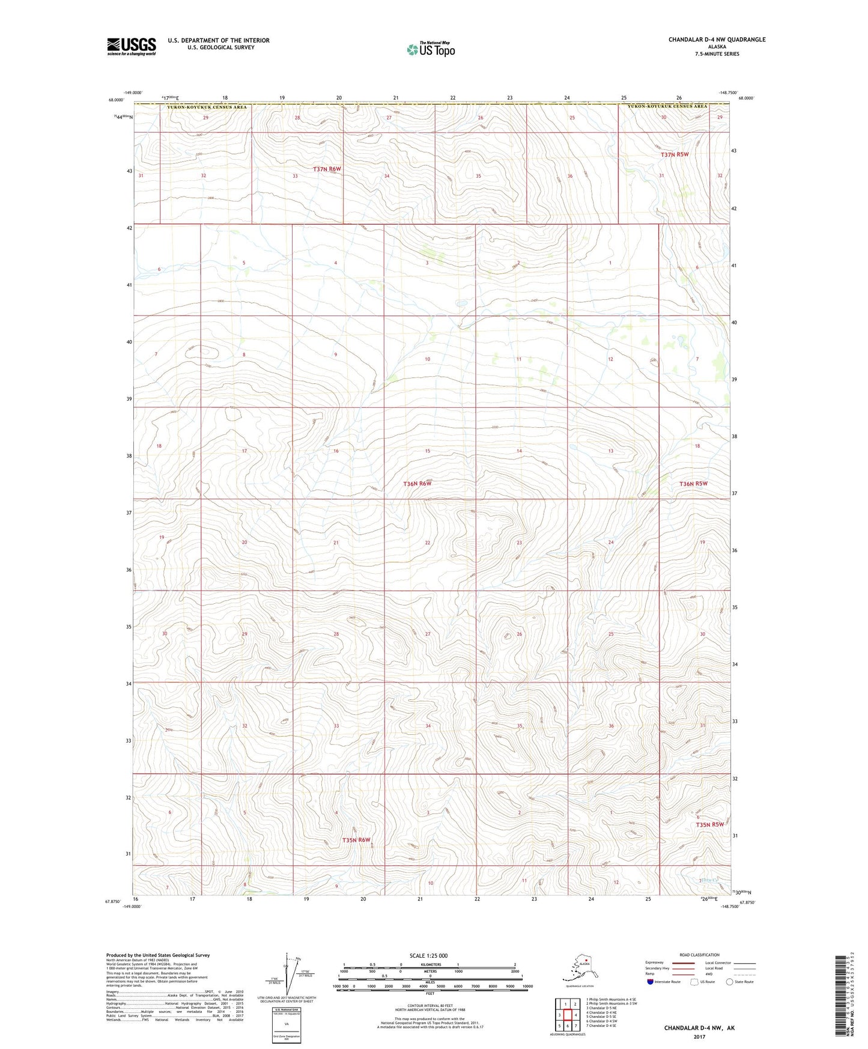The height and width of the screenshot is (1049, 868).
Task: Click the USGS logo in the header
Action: (132, 46)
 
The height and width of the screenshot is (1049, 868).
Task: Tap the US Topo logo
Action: (430, 49)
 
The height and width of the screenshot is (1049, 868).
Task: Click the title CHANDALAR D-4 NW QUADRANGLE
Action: (717, 40)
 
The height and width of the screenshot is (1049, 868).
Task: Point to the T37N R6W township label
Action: (327, 169)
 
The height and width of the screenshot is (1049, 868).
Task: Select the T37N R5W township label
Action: (675, 154)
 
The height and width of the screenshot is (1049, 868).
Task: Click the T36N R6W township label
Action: (417, 484)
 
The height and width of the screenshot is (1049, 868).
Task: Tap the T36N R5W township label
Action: (693, 484)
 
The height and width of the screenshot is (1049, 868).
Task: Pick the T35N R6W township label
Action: (356, 840)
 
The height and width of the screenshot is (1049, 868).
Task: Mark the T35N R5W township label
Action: (710, 824)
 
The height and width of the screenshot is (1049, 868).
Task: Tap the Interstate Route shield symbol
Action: (650, 982)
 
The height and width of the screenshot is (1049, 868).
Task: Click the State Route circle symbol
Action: (730, 982)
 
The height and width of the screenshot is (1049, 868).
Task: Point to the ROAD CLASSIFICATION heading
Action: (699, 955)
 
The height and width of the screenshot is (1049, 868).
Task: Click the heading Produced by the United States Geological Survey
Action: (158, 955)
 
